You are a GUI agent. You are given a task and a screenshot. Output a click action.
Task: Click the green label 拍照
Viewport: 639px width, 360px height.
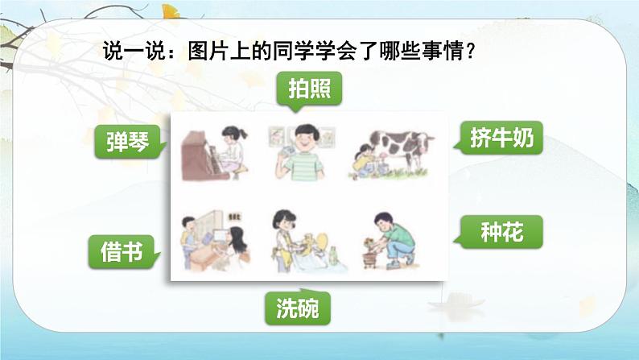tap(309, 89)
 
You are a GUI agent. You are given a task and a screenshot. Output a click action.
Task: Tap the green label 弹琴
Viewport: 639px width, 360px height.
tap(129, 142)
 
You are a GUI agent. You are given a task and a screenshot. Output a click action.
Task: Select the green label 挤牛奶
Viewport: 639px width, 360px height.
tap(501, 138)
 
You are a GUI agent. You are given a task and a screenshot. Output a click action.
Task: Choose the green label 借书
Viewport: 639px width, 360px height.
tap(122, 251)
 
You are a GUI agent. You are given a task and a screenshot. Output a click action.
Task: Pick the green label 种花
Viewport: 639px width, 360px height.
tap(501, 232)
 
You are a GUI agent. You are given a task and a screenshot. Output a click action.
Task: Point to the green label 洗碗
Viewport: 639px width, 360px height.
tap(298, 308)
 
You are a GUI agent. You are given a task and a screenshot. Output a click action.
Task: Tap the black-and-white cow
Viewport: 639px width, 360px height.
tap(402, 150)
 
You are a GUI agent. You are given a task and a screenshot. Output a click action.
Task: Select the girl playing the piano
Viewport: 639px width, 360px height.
tap(231, 151)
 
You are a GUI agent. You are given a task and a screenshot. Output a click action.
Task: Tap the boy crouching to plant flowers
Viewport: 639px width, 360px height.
tap(394, 240)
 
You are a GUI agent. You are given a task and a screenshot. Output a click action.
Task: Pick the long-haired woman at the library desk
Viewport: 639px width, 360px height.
tap(235, 246)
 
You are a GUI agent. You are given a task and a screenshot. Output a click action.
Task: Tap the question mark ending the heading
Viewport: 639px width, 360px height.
tap(470, 52)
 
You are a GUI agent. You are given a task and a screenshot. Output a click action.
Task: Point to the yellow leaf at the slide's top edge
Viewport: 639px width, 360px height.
tap(171, 11)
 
